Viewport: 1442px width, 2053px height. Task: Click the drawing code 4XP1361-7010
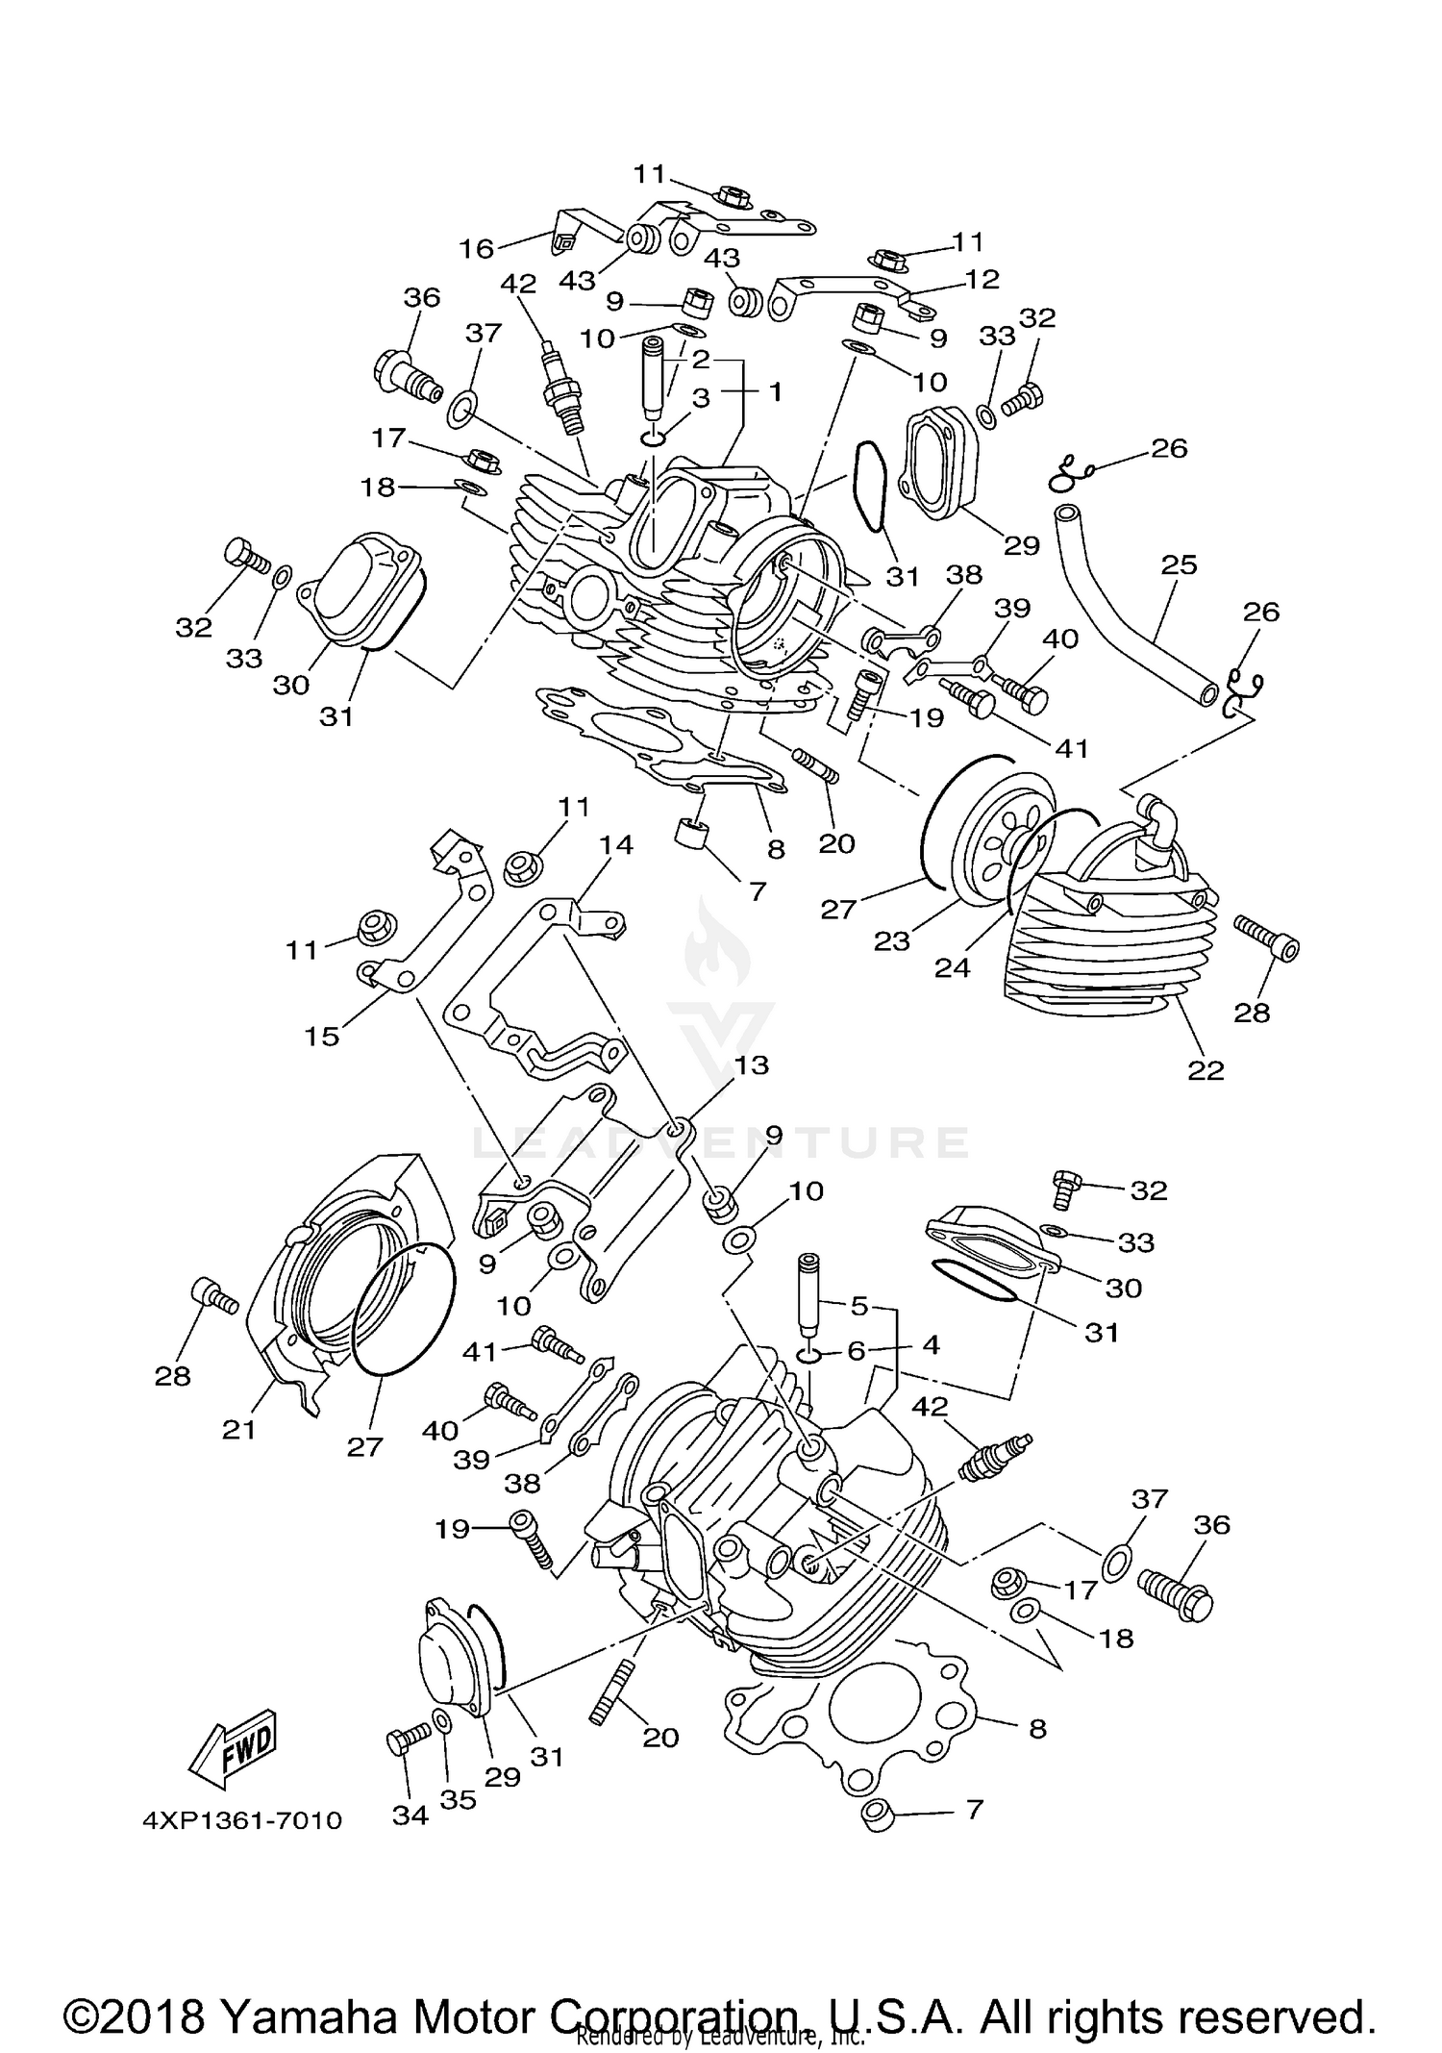[241, 1820]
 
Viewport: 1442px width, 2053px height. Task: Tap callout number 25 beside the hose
[1180, 564]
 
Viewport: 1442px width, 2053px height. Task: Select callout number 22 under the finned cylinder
[1206, 1069]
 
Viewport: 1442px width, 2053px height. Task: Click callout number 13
[753, 1064]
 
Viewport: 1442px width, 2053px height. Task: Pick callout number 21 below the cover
[238, 1430]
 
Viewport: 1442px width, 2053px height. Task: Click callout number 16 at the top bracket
[476, 248]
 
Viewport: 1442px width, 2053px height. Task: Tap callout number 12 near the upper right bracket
[982, 279]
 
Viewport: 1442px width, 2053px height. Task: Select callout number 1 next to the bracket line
[775, 391]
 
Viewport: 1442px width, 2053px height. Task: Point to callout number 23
[891, 940]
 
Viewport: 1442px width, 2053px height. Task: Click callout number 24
[952, 967]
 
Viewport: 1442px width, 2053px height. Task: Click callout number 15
[322, 1036]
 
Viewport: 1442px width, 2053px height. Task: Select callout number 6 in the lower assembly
[857, 1350]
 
